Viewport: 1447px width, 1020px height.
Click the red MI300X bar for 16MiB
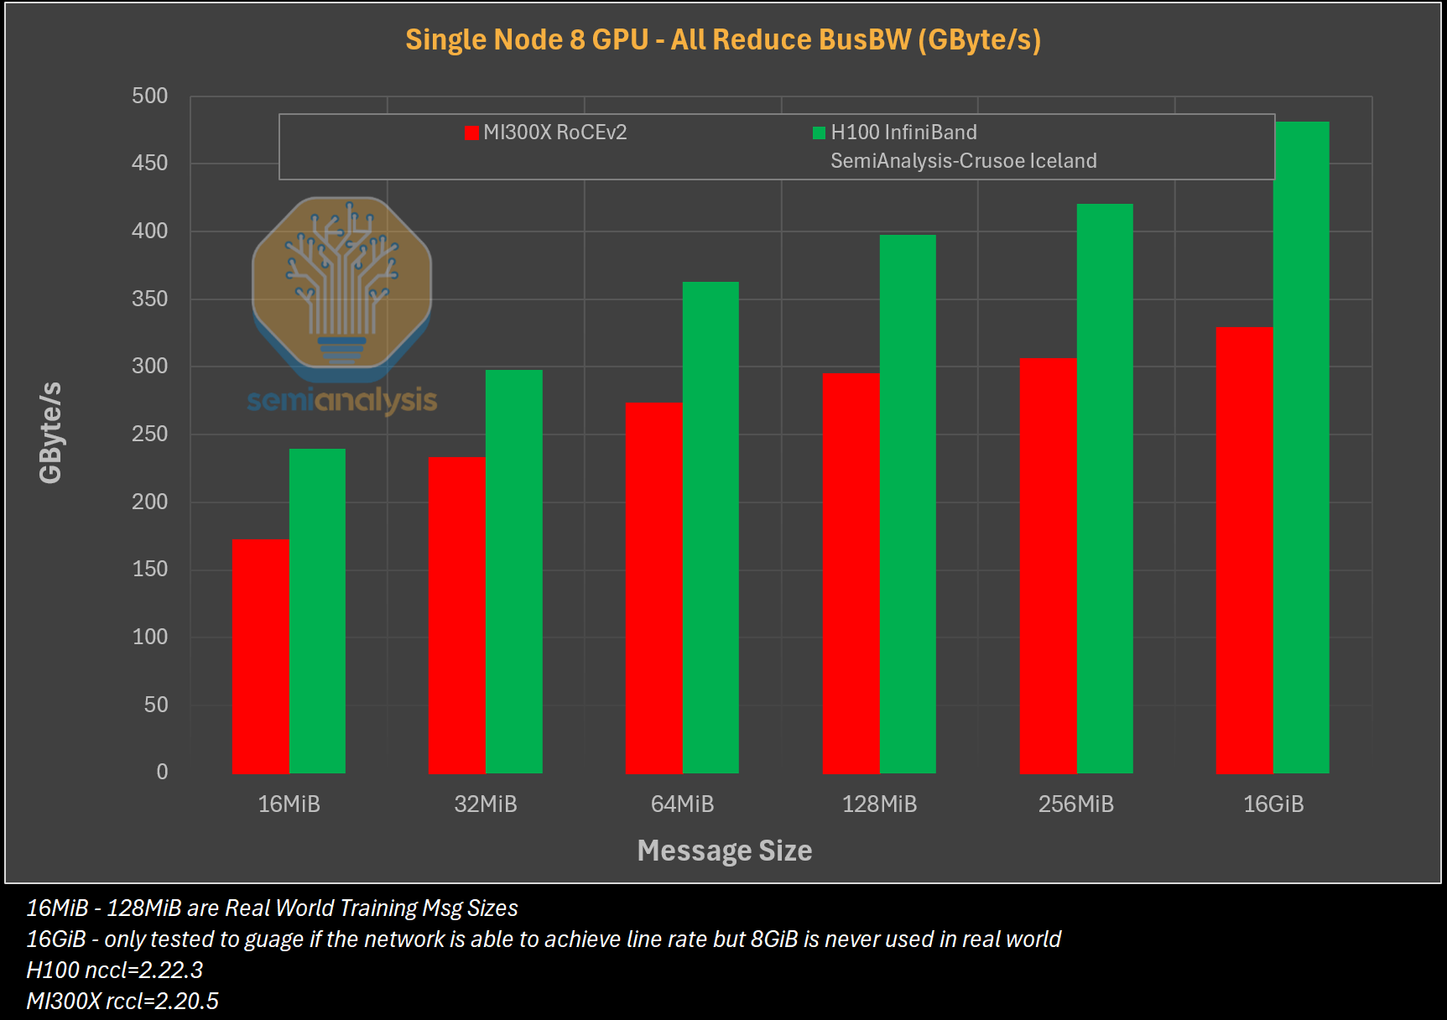tap(260, 656)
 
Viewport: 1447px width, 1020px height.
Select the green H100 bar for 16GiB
tap(1301, 447)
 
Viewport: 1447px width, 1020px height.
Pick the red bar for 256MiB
tap(1048, 565)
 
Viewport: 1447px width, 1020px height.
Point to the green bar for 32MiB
tap(513, 571)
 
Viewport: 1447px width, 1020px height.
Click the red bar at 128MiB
tap(851, 573)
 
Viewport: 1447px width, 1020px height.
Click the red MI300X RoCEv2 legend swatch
tap(471, 133)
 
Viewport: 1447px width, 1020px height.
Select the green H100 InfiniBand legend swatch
tap(819, 133)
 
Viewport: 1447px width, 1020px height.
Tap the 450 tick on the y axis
tap(149, 163)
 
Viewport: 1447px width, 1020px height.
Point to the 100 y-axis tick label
tap(149, 637)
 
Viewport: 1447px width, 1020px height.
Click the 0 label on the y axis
tap(162, 772)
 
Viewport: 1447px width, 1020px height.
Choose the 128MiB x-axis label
tap(879, 804)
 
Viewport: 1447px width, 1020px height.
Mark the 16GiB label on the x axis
tap(1273, 804)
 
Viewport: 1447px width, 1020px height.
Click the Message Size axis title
tap(724, 851)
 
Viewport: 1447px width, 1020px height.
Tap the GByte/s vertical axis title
tap(50, 432)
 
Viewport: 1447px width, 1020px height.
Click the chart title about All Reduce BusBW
tap(723, 39)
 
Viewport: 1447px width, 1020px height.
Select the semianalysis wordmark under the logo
tap(341, 400)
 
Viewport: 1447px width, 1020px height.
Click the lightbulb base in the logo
tap(341, 349)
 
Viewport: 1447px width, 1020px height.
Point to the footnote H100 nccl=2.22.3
tap(115, 970)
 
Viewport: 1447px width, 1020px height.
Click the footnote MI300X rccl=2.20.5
tap(122, 1001)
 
